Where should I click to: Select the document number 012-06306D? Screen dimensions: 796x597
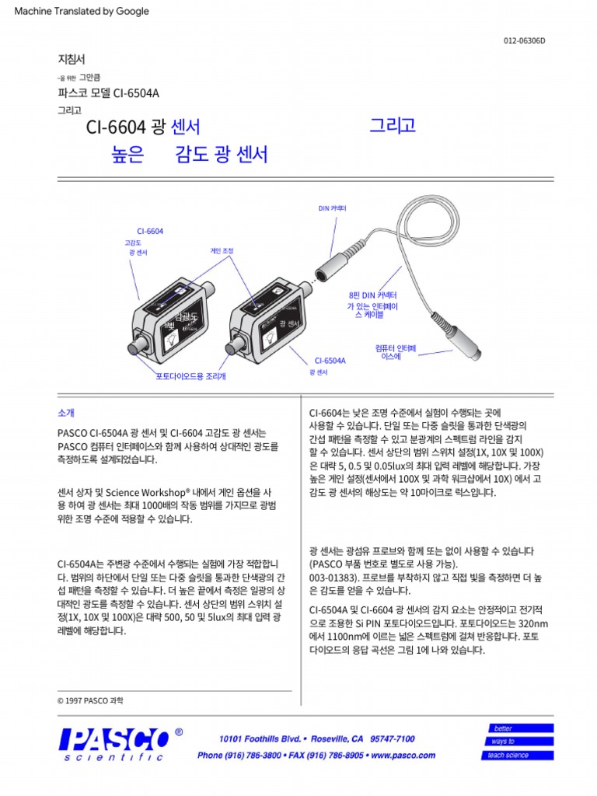pyautogui.click(x=525, y=41)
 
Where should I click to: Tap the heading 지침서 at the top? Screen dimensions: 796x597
pyautogui.click(x=72, y=59)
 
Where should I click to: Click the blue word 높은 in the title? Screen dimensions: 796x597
pyautogui.click(x=128, y=155)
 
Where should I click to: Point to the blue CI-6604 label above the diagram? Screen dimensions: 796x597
pyautogui.click(x=150, y=232)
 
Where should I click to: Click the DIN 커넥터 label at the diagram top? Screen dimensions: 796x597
pyautogui.click(x=332, y=209)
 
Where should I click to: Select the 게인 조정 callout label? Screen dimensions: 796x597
pyautogui.click(x=222, y=251)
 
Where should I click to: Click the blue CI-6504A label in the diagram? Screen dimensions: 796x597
pyautogui.click(x=330, y=361)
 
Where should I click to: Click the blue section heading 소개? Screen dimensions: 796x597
pyautogui.click(x=66, y=413)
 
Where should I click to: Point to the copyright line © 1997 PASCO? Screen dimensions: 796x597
pyautogui.click(x=90, y=700)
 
